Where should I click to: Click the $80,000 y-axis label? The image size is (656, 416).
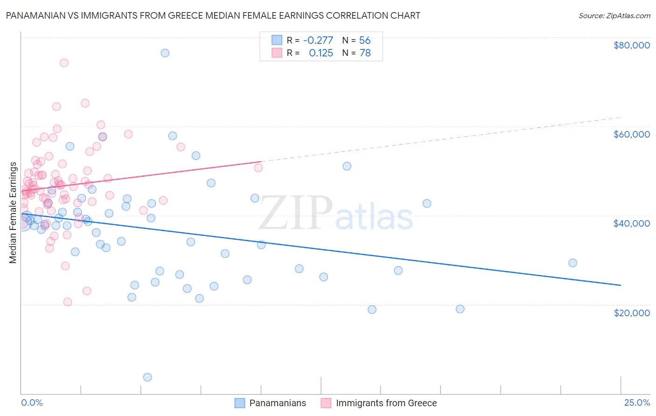pyautogui.click(x=631, y=45)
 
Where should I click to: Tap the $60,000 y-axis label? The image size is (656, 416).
pyautogui.click(x=631, y=134)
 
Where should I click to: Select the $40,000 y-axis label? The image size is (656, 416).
pyautogui.click(x=631, y=223)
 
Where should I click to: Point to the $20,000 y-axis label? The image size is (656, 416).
pyautogui.click(x=631, y=312)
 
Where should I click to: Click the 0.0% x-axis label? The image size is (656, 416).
pyautogui.click(x=32, y=402)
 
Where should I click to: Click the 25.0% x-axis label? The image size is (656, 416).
pyautogui.click(x=637, y=402)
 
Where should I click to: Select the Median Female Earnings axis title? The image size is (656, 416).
pyautogui.click(x=13, y=213)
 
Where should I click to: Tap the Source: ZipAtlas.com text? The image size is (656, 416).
pyautogui.click(x=614, y=15)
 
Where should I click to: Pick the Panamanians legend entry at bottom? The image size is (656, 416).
pyautogui.click(x=277, y=403)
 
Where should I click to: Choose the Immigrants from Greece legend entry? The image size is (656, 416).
pyautogui.click(x=386, y=403)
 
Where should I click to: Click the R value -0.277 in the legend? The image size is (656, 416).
pyautogui.click(x=318, y=40)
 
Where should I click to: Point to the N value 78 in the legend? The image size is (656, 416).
pyautogui.click(x=365, y=53)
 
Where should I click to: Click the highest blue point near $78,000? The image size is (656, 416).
pyautogui.click(x=165, y=53)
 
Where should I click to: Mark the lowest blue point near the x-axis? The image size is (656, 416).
pyautogui.click(x=147, y=377)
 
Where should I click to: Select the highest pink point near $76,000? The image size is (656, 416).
pyautogui.click(x=64, y=63)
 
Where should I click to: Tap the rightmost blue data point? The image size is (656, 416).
pyautogui.click(x=572, y=263)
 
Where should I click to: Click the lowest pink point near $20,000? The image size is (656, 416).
pyautogui.click(x=68, y=302)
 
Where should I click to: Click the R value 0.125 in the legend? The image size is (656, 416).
pyautogui.click(x=321, y=53)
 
